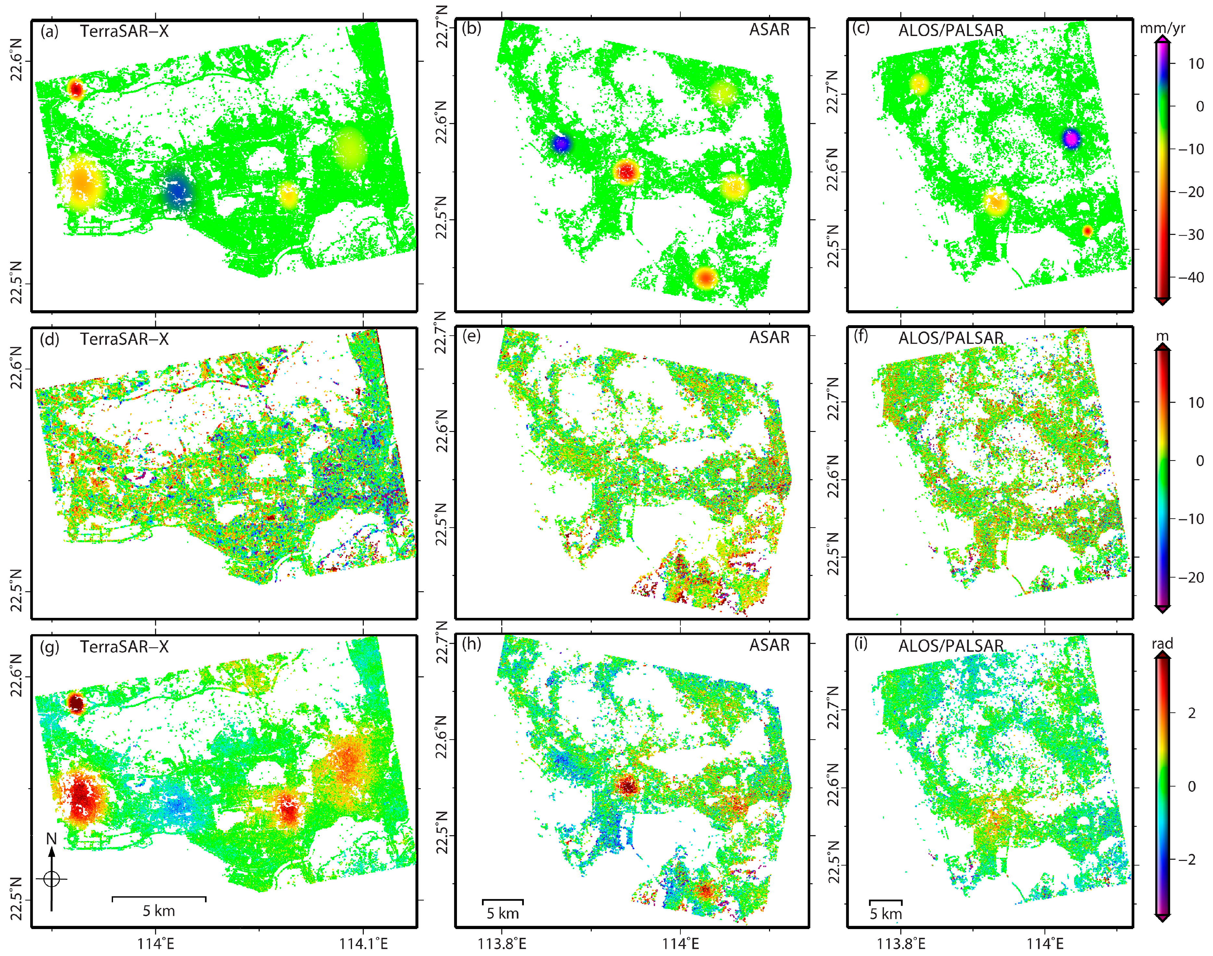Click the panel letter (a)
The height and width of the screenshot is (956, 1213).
pyautogui.click(x=49, y=31)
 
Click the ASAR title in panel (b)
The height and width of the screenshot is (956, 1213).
pyautogui.click(x=769, y=30)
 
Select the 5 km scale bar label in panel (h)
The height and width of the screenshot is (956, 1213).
pyautogui.click(x=502, y=913)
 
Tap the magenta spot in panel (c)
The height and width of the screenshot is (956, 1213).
pyautogui.click(x=1071, y=138)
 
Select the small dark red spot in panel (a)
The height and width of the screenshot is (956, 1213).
pyautogui.click(x=76, y=89)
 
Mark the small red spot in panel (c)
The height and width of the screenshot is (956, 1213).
pyautogui.click(x=1087, y=231)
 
